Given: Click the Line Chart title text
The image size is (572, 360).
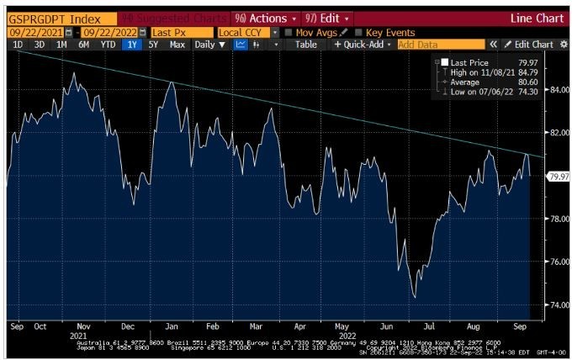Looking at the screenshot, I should tap(536, 18).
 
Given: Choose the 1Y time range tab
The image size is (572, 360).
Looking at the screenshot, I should tap(131, 45).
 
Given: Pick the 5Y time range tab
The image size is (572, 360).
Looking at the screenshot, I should tap(153, 45).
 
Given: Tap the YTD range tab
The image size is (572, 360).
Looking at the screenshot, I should tap(108, 45).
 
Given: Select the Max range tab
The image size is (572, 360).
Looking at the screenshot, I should tap(177, 45).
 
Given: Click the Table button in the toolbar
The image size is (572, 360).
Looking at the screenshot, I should tap(306, 45).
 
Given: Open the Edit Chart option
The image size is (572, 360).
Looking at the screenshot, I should tap(532, 45).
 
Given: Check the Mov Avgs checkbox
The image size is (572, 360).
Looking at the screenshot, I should tap(289, 32).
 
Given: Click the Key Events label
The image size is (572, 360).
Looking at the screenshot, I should tap(389, 32).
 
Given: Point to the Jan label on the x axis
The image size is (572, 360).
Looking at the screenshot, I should tap(170, 326).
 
